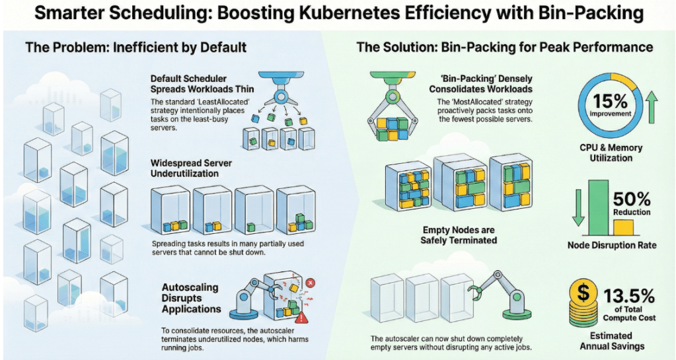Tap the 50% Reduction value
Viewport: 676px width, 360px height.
click(x=632, y=199)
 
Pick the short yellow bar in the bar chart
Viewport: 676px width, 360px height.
click(x=622, y=228)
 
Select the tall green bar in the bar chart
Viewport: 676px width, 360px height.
click(x=598, y=207)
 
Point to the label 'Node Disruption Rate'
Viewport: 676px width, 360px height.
click(x=612, y=246)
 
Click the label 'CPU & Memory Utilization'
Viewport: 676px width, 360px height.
click(x=611, y=153)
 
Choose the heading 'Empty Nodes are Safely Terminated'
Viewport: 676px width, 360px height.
click(x=459, y=235)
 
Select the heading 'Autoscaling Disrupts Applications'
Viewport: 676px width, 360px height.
click(x=191, y=298)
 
